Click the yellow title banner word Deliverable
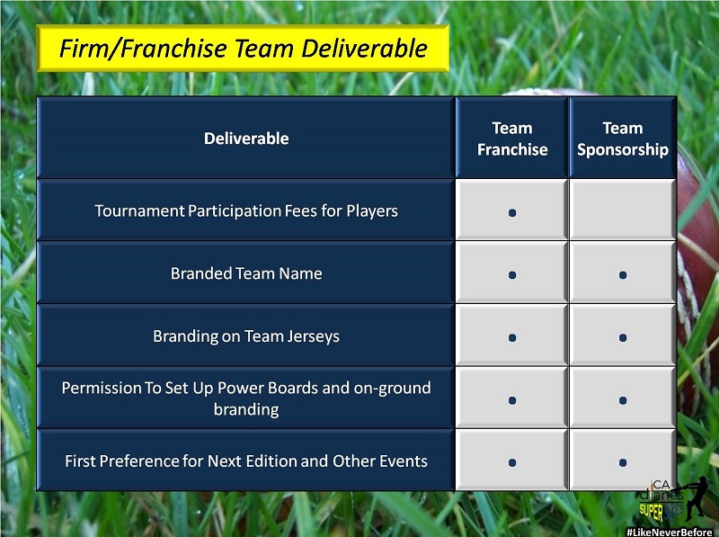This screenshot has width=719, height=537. (x=364, y=49)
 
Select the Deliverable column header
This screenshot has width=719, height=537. (x=246, y=139)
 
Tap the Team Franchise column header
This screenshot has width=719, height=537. (x=512, y=139)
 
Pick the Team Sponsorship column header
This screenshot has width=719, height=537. (x=623, y=139)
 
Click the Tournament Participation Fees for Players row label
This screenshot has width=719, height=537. (x=246, y=210)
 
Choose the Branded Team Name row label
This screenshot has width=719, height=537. (x=246, y=273)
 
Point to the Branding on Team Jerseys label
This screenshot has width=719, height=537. (x=246, y=336)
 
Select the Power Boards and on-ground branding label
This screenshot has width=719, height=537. (x=246, y=398)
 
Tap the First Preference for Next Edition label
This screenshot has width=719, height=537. (x=246, y=461)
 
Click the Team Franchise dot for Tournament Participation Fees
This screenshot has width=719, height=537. (x=512, y=212)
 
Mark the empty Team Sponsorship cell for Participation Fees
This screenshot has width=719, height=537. (x=623, y=210)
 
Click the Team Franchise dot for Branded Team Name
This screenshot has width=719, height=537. (x=512, y=275)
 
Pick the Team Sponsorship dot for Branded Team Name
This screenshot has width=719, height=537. (x=623, y=275)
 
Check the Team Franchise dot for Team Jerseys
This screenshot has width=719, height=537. (x=512, y=338)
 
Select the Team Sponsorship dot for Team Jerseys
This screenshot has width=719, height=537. (x=623, y=338)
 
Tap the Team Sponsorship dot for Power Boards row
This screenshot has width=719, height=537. (x=623, y=400)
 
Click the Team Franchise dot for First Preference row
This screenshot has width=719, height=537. (x=512, y=462)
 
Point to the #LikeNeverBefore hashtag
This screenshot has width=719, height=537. (x=670, y=532)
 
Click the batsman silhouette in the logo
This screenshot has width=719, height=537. (x=696, y=499)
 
